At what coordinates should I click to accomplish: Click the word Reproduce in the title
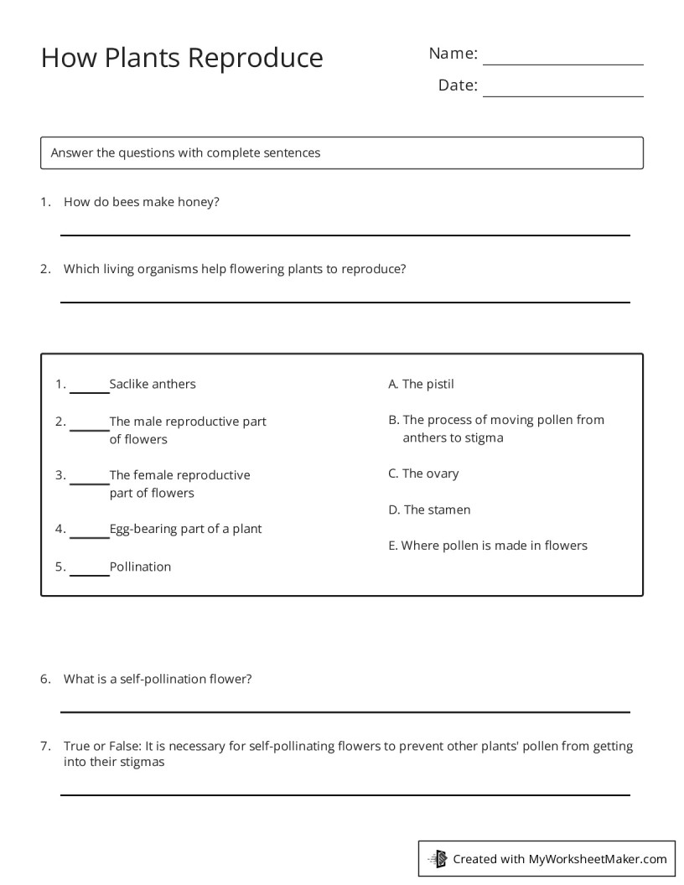coord(255,58)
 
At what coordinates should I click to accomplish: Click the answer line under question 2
coord(345,300)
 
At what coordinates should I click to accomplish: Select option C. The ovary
coord(423,474)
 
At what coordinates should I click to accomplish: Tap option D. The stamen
coord(429,510)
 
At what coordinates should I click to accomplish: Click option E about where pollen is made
coord(488,546)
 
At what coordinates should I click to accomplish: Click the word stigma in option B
coord(484,437)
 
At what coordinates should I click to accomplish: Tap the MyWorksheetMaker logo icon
coord(438,858)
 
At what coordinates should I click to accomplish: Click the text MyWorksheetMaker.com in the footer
coord(597,858)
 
